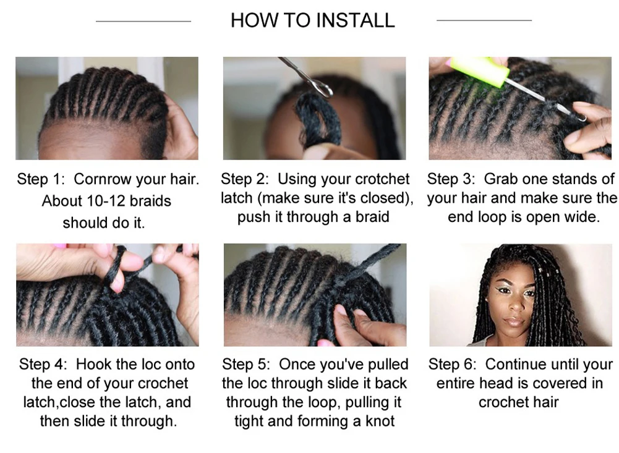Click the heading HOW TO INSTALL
click(312, 20)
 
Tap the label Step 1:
click(41, 180)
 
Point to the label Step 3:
click(451, 179)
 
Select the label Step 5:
click(247, 365)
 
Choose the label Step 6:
click(453, 365)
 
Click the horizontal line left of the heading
click(143, 21)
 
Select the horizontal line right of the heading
click(484, 20)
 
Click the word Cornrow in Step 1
click(102, 180)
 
